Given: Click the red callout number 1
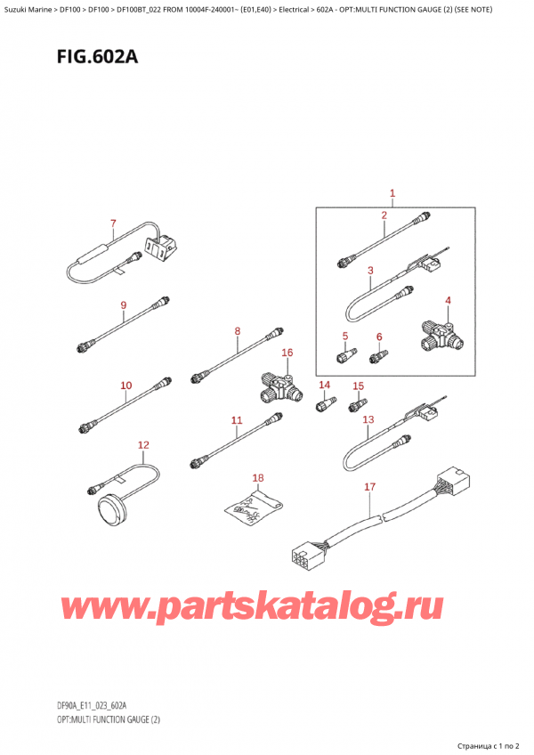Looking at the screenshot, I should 392,193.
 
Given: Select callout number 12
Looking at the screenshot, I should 143,444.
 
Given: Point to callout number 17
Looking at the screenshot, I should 371,487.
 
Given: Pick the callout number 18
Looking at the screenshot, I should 258,478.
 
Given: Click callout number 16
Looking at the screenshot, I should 287,353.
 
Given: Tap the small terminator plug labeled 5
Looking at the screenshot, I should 344,357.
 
